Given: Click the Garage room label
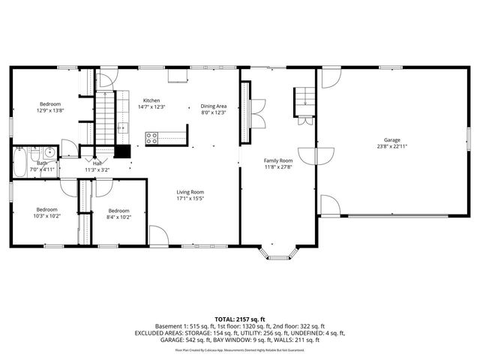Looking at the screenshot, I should pyautogui.click(x=391, y=139).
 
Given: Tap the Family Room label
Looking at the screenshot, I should pyautogui.click(x=277, y=160).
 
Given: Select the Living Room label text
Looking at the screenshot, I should pyautogui.click(x=190, y=192).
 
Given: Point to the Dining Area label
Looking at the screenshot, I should pyautogui.click(x=214, y=106).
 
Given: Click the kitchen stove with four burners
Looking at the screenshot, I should pyautogui.click(x=151, y=138).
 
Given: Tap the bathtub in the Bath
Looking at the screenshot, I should pyautogui.click(x=20, y=161).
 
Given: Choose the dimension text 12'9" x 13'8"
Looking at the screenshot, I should pyautogui.click(x=50, y=110).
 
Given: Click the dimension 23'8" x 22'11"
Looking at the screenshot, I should pyautogui.click(x=391, y=146).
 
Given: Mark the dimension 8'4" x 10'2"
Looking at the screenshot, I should pyautogui.click(x=118, y=217).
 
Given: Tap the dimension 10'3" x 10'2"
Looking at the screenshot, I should pyautogui.click(x=46, y=216).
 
